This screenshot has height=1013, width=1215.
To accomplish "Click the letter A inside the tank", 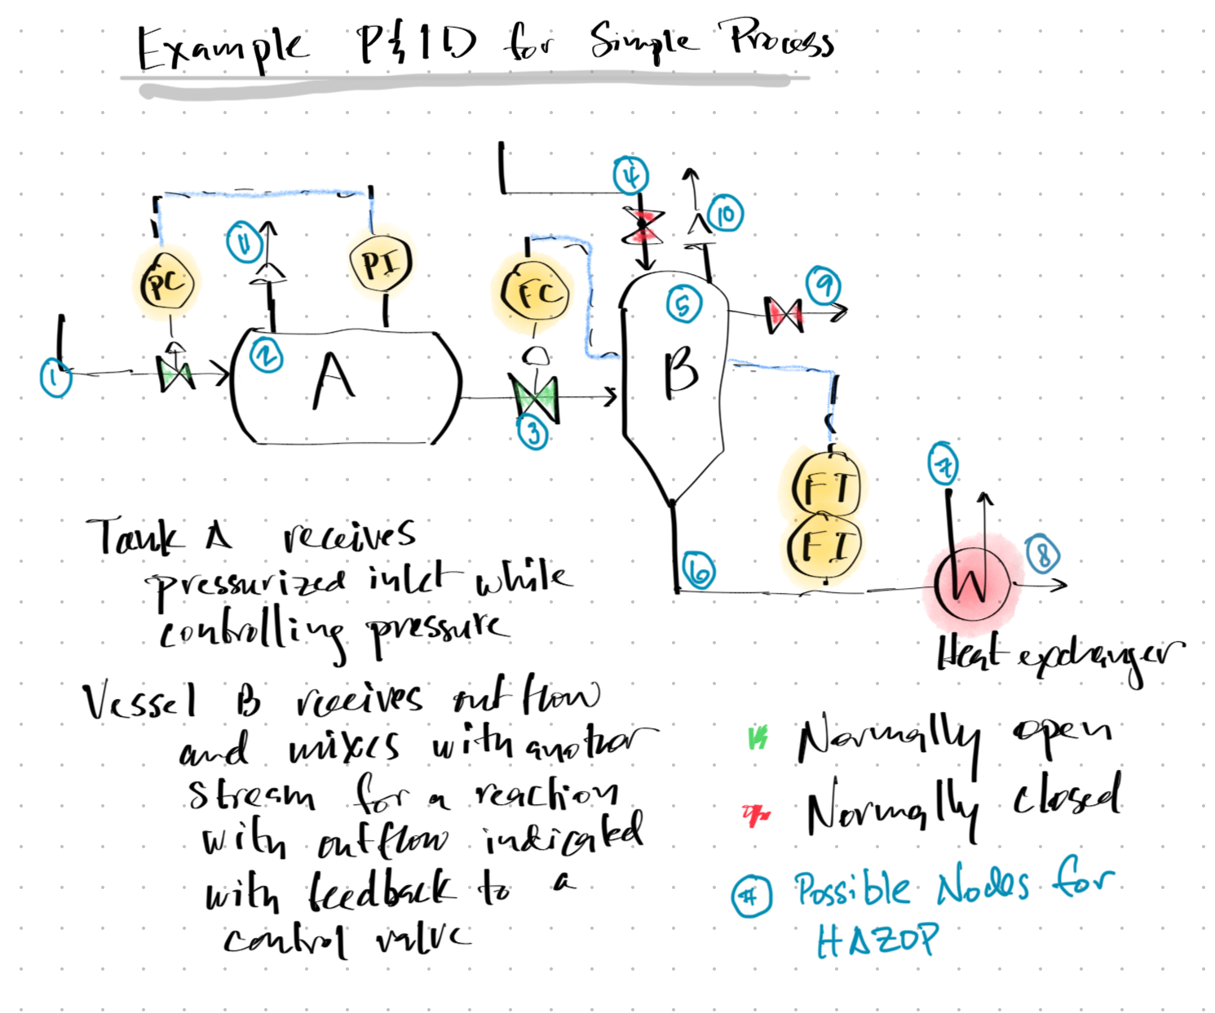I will coord(334,381).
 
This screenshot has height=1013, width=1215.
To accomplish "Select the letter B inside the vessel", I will coord(680,371).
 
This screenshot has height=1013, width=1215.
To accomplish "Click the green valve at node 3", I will coord(534,397).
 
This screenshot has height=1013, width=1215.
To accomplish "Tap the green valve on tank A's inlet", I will coord(175,374).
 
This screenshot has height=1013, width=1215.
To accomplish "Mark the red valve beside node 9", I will coord(784,314).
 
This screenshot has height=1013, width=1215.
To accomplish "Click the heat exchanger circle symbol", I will coord(971,584).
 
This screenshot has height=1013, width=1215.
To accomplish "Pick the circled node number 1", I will coord(55,378).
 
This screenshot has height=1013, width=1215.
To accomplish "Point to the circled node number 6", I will coord(699,571).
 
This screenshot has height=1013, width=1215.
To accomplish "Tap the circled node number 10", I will coord(725,214).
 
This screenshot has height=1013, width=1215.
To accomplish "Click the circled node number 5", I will coord(683,305).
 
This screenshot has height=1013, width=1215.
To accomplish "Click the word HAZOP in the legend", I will coord(877,940).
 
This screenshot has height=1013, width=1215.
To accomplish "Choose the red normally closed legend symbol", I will coord(755,813).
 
